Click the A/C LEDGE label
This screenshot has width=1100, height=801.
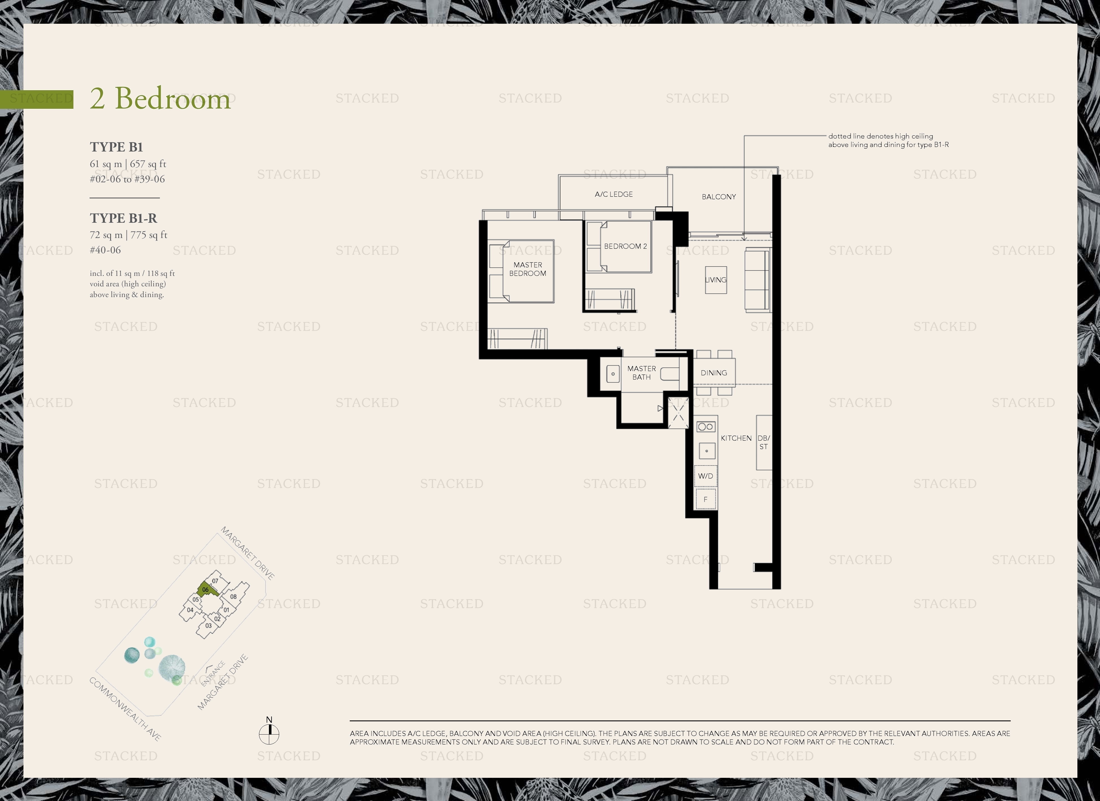point(614,194)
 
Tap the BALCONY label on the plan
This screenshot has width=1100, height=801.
point(719,196)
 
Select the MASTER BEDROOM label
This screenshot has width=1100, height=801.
point(528,269)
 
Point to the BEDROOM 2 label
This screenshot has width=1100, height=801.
point(625,246)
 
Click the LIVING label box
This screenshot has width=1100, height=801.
point(716,280)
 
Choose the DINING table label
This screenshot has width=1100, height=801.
point(714,373)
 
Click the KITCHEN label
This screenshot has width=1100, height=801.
point(736,438)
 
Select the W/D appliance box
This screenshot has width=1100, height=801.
point(706,476)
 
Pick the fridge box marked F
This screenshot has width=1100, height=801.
point(706,499)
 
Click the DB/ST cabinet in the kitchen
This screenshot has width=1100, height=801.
point(764,442)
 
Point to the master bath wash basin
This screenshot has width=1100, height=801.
point(613,374)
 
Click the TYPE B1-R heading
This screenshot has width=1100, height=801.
point(124,218)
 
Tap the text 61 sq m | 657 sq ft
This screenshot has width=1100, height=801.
point(128,164)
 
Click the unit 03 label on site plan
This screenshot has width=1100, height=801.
point(208,625)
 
